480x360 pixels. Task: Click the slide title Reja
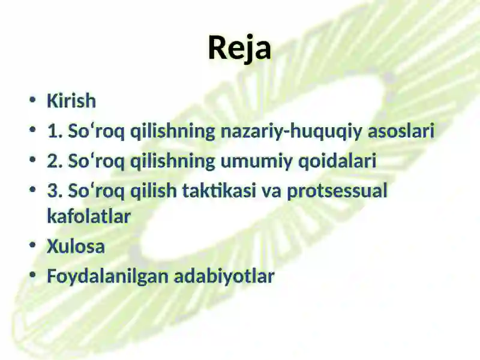(x=239, y=49)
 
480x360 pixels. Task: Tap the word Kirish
(x=71, y=100)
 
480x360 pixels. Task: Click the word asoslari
(x=401, y=131)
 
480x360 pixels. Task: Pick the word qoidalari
(x=337, y=161)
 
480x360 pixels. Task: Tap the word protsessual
(x=337, y=191)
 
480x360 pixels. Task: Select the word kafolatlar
(x=89, y=216)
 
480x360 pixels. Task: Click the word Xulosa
(x=76, y=246)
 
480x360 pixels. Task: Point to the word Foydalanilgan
(x=108, y=277)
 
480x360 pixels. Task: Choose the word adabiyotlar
(x=224, y=276)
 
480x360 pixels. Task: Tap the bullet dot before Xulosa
(x=32, y=245)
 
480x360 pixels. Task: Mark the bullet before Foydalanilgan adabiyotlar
(x=32, y=275)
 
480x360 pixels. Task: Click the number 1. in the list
(x=55, y=131)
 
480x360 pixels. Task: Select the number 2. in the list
(x=55, y=161)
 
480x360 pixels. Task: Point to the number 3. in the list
(x=55, y=190)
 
